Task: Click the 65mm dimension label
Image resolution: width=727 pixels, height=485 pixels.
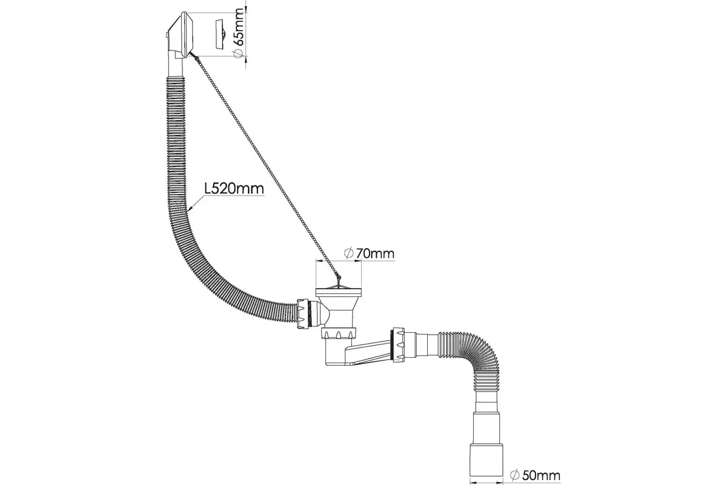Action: [238, 27]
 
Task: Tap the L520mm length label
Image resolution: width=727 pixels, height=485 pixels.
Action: [234, 189]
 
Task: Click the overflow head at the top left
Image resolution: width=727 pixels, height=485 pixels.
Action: [181, 36]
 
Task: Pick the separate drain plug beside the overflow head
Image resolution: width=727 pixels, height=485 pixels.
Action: [221, 34]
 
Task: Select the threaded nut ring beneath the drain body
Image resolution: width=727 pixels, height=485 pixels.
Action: [339, 333]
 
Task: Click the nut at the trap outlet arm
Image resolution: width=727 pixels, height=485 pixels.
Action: [399, 344]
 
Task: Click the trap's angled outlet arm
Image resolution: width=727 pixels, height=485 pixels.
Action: [368, 352]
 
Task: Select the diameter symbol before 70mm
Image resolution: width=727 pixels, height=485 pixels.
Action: [348, 253]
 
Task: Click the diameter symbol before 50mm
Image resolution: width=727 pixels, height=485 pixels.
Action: [514, 475]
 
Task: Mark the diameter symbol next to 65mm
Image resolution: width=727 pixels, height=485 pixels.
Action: [238, 53]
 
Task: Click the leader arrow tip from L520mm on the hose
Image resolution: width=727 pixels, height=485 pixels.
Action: [188, 212]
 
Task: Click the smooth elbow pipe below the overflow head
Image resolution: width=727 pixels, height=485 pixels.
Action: [176, 67]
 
